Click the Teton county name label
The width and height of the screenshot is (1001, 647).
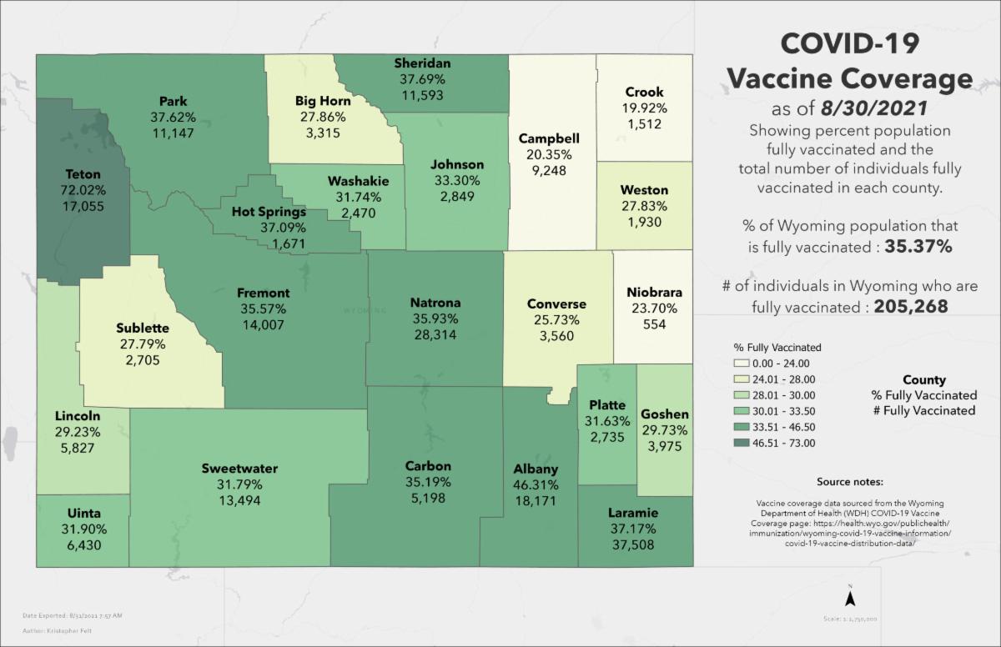coord(83,174)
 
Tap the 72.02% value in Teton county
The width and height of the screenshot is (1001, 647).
coord(83,190)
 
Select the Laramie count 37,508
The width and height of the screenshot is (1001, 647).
coord(631,544)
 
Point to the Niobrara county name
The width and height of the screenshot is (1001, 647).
coord(654,293)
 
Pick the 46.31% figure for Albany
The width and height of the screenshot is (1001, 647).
coord(536,484)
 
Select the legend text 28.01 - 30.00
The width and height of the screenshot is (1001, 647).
coord(784,394)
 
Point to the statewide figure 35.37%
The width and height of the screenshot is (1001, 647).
coord(910,248)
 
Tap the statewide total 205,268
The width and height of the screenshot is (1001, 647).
coord(911,307)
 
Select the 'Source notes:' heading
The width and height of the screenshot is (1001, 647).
coord(850,483)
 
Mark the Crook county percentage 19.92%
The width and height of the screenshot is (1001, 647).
coord(644,108)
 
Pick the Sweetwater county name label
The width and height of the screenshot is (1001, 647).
coord(239,469)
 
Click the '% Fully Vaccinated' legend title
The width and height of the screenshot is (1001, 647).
coord(777,347)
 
